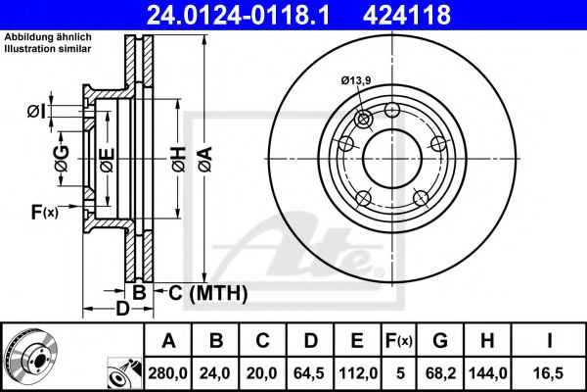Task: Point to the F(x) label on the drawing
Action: [44, 210]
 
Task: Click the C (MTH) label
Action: [207, 292]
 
